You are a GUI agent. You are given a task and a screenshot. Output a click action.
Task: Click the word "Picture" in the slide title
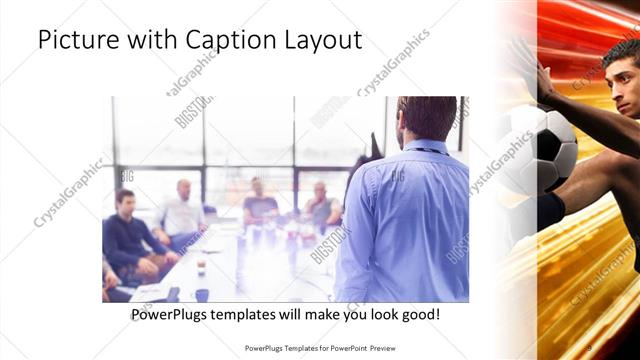(74, 42)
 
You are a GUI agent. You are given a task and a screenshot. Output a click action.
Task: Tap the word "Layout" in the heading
(322, 42)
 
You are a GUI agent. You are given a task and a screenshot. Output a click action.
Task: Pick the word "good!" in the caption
(418, 315)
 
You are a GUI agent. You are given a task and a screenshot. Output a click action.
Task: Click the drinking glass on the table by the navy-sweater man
(200, 266)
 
